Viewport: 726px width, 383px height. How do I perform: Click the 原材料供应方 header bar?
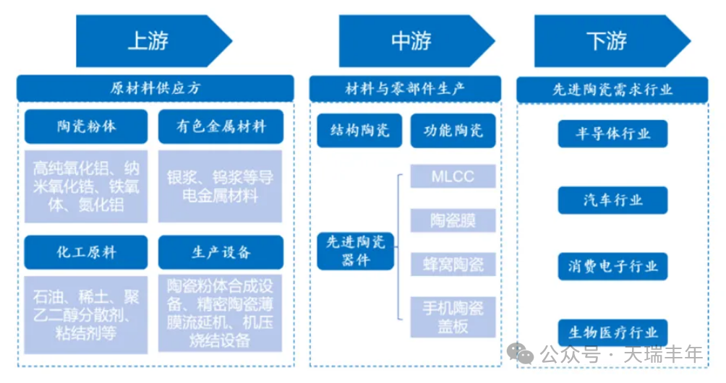[155, 88]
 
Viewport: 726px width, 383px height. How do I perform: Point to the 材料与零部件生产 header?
[405, 88]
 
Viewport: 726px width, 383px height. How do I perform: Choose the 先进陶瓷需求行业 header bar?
[612, 90]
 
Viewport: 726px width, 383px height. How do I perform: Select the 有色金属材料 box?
[221, 127]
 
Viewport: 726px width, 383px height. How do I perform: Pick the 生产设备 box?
[221, 252]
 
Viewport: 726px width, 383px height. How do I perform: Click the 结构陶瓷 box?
[359, 131]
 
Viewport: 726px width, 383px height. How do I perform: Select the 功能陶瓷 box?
[453, 131]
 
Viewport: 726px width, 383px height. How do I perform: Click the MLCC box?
[453, 176]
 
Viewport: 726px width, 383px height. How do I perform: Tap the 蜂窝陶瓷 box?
[453, 264]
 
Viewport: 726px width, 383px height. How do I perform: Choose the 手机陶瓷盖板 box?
[453, 317]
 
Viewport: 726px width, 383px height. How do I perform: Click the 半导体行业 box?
[612, 134]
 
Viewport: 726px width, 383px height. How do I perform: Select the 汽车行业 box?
[612, 200]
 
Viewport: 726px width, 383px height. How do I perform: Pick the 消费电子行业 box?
[612, 267]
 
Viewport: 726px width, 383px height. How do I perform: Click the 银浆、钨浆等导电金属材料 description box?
[221, 186]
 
